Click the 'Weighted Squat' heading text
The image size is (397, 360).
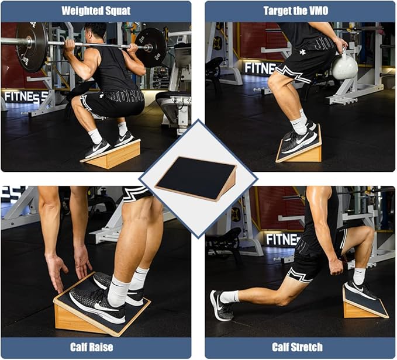pos(96,11)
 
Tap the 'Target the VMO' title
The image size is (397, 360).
pos(296,11)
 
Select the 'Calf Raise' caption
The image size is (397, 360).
pos(92,347)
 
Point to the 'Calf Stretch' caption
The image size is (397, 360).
pos(297,347)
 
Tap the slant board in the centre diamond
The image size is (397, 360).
pos(196,178)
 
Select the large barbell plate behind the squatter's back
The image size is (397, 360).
pos(32,47)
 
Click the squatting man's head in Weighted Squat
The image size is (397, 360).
pos(95,32)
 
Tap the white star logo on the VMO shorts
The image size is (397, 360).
pos(302,52)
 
